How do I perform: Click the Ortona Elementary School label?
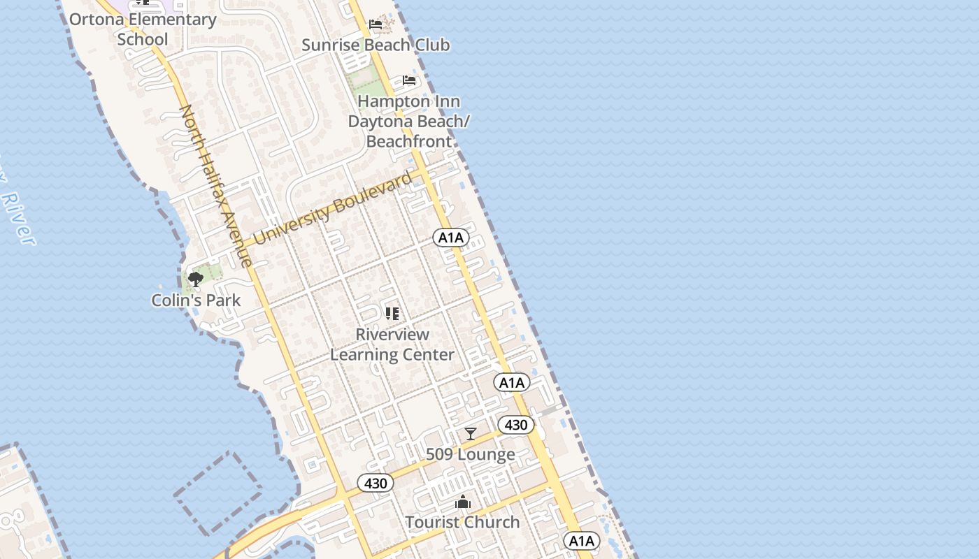pyautogui.click(x=143, y=29)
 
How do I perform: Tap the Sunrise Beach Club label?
pyautogui.click(x=376, y=45)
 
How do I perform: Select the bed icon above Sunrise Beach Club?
pyautogui.click(x=376, y=24)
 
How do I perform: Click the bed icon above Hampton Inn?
pyautogui.click(x=409, y=80)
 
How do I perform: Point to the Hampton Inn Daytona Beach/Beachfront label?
pyautogui.click(x=409, y=121)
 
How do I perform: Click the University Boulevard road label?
pyautogui.click(x=333, y=209)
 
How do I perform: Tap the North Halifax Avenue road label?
pyautogui.click(x=216, y=186)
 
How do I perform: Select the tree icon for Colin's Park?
pyautogui.click(x=196, y=279)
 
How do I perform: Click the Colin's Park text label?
pyautogui.click(x=196, y=300)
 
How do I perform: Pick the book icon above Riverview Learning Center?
pyautogui.click(x=392, y=314)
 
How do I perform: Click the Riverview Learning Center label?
pyautogui.click(x=392, y=344)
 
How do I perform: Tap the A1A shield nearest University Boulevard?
pyautogui.click(x=451, y=238)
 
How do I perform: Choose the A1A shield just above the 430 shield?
pyautogui.click(x=512, y=382)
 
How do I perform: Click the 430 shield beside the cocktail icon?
pyautogui.click(x=516, y=425)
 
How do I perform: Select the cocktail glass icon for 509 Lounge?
pyautogui.click(x=471, y=434)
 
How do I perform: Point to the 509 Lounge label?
pyautogui.click(x=471, y=454)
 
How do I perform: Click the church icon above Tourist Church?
pyautogui.click(x=462, y=502)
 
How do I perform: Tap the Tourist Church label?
pyautogui.click(x=462, y=522)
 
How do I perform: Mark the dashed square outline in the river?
pyautogui.click(x=218, y=493)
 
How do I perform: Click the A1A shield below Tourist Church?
pyautogui.click(x=582, y=541)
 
